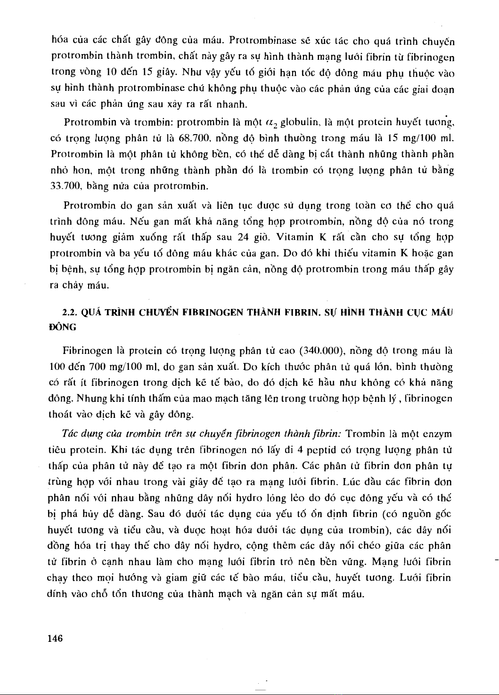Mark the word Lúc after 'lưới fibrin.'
pos(352,482)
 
